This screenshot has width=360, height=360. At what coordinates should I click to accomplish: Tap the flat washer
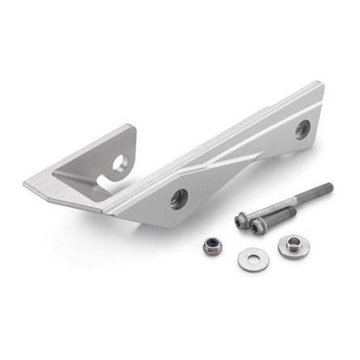click(x=249, y=258)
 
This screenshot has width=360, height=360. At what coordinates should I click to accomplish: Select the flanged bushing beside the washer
click(x=290, y=247)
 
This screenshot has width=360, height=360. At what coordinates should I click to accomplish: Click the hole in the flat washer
click(x=249, y=257)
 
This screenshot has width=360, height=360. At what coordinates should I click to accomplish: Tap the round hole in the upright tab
click(x=121, y=163)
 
